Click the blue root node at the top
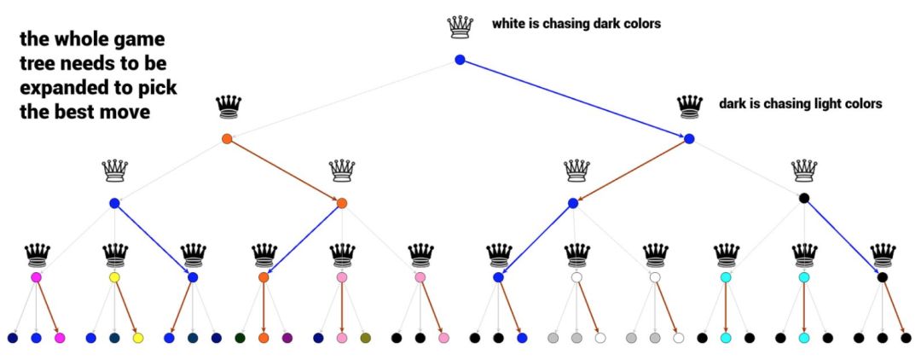point(460,60)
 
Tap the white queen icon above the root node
point(460,27)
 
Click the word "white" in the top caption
point(509,24)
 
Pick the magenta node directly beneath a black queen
point(36,277)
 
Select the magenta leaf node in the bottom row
point(60,339)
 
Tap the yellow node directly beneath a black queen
point(114,277)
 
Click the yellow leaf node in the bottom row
point(138,339)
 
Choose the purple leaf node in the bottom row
point(287,339)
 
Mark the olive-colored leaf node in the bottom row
point(366,339)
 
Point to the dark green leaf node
point(240,339)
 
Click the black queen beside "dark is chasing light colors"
point(689,107)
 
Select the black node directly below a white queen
point(803,199)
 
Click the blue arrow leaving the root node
point(573,99)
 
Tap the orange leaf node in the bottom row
point(264,339)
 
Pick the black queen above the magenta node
point(37,253)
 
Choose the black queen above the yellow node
point(114,253)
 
